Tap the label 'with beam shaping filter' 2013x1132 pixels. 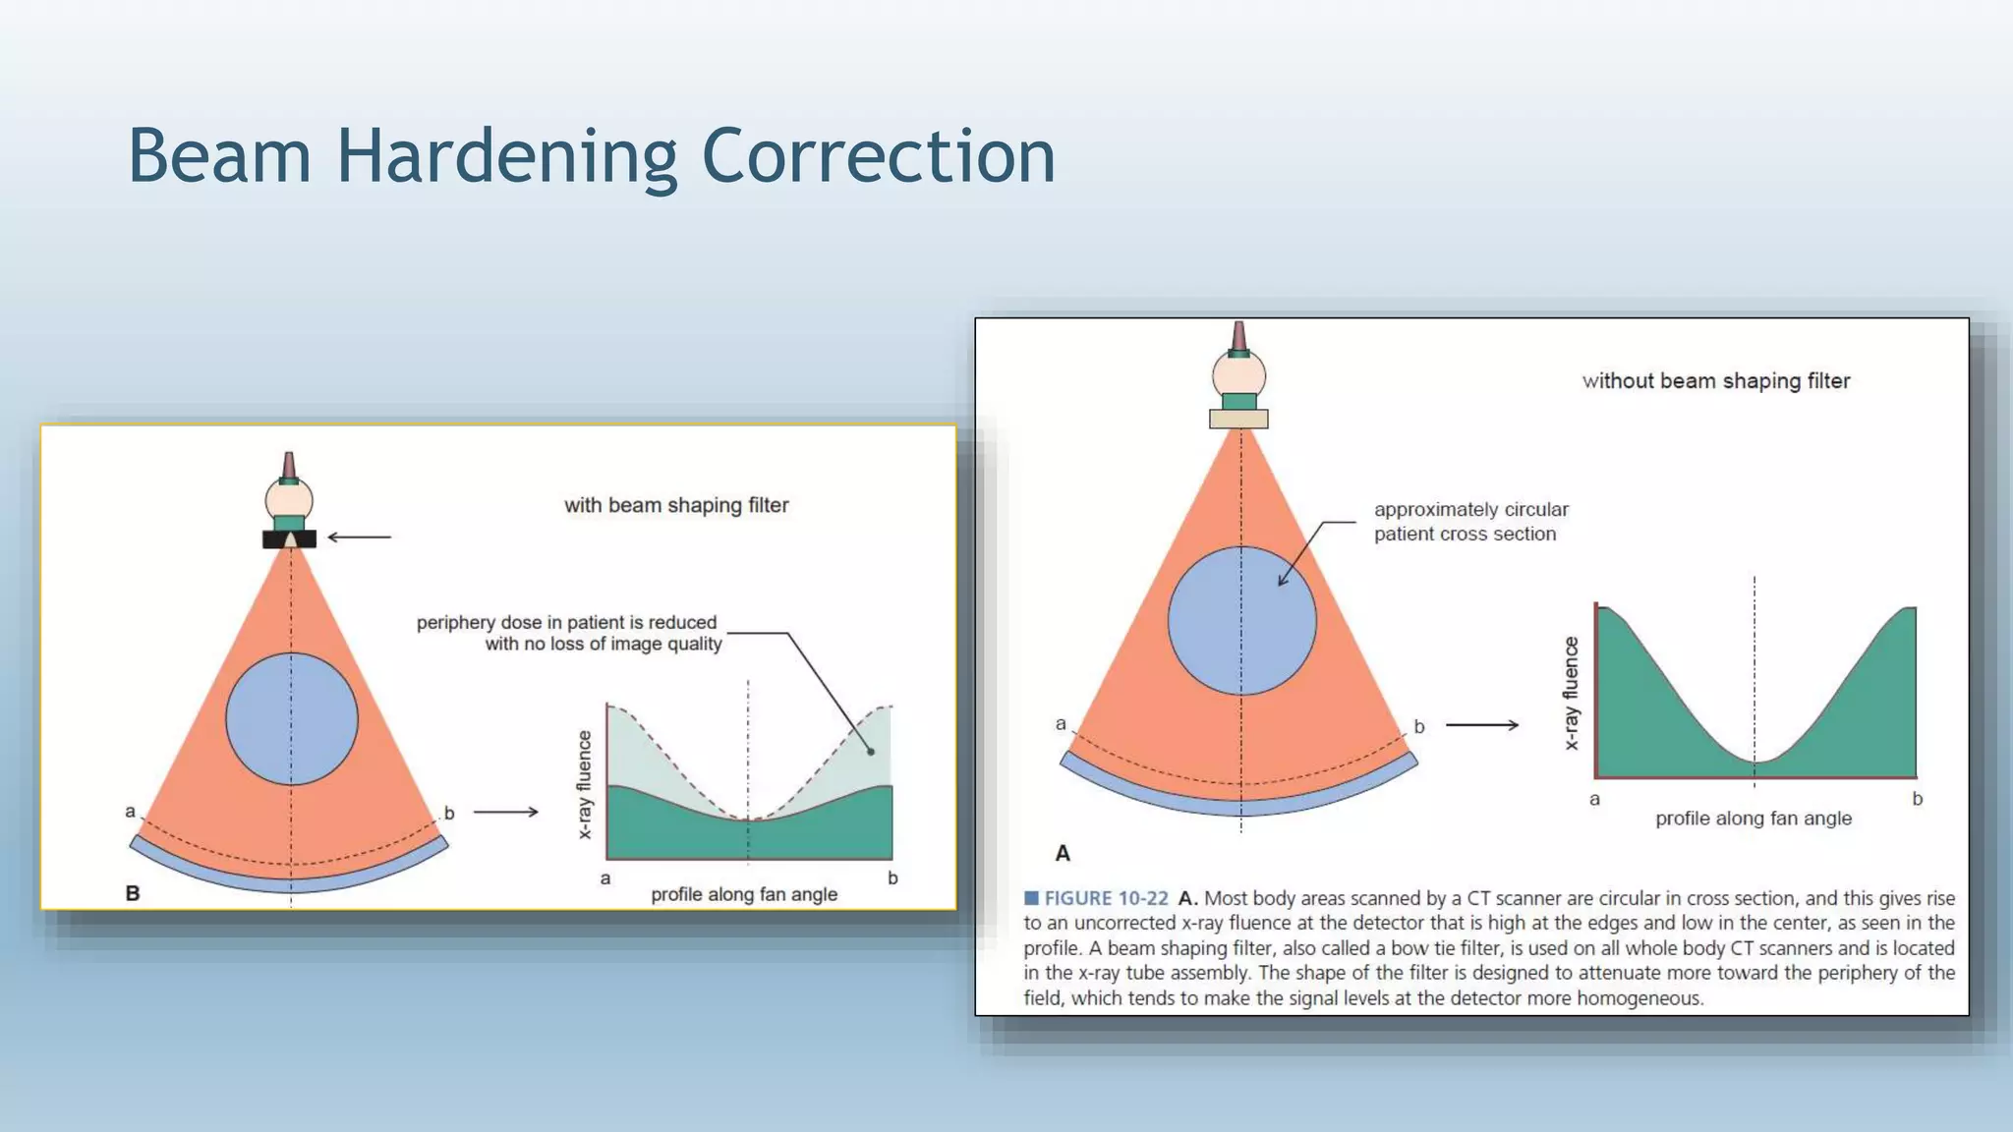(x=676, y=505)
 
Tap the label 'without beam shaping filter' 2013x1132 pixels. (x=1715, y=381)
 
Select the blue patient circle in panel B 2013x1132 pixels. (x=292, y=719)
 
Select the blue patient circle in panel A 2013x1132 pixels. (x=1241, y=621)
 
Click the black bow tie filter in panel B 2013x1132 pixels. (x=289, y=539)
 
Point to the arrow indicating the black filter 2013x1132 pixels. (x=359, y=538)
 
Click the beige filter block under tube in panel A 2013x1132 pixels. (x=1238, y=420)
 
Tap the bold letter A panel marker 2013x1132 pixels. (x=1063, y=853)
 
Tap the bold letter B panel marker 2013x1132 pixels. (x=133, y=893)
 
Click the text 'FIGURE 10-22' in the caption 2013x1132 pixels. (x=1106, y=898)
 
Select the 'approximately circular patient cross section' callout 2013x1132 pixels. (x=1469, y=522)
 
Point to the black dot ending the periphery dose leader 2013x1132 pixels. (x=871, y=752)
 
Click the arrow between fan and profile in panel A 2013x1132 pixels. (x=1482, y=725)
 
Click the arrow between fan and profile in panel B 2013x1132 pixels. (x=505, y=812)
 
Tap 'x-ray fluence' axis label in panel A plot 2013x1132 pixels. (x=1571, y=693)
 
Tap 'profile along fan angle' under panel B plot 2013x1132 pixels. (x=744, y=894)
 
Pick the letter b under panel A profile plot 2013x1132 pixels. (x=1917, y=799)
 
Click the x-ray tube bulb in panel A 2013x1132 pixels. (x=1238, y=374)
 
